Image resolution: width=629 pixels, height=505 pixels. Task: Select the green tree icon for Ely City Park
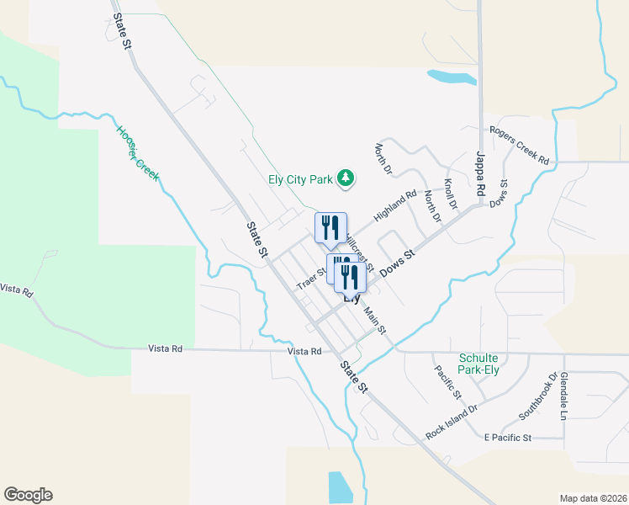[x=345, y=178]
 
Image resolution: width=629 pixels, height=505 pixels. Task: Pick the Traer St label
[x=310, y=279]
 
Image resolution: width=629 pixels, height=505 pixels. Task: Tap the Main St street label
[x=375, y=320]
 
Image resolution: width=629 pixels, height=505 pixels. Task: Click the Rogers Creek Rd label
[x=519, y=145]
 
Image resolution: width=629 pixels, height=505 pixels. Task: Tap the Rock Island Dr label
[x=452, y=419]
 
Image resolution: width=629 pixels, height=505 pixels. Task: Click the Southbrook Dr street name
[x=538, y=397]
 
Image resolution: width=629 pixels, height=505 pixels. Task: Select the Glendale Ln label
[x=564, y=395]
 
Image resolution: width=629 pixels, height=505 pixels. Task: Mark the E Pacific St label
[x=508, y=438]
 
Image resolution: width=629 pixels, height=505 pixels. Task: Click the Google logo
[x=28, y=495]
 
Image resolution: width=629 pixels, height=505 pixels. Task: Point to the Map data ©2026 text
[x=592, y=498]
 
